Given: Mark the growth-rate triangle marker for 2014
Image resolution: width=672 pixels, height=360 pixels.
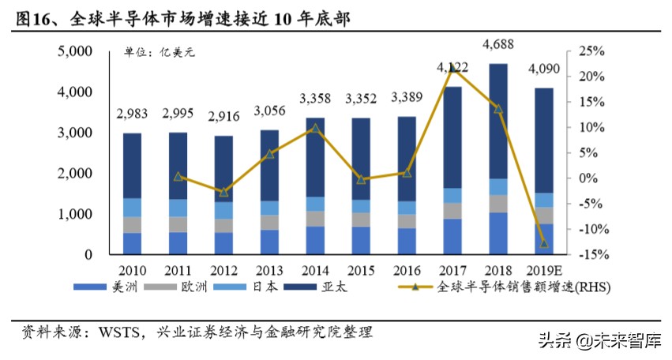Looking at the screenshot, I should coord(315,128).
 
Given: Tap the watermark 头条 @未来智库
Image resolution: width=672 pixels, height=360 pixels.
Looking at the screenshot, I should coord(600,341).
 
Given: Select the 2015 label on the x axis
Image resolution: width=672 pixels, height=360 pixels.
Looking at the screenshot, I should coord(361,270).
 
